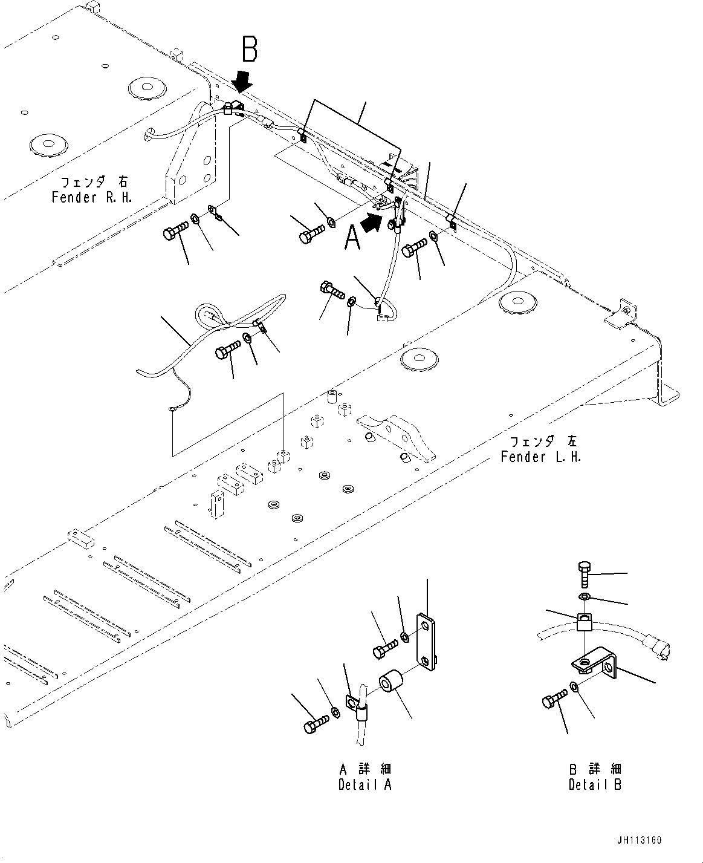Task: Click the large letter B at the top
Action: (x=250, y=49)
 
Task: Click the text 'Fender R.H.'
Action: (x=92, y=198)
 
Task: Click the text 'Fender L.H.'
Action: (x=540, y=457)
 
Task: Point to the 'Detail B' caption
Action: (x=595, y=784)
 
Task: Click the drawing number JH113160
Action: (x=640, y=841)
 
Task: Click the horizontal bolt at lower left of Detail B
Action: (x=552, y=702)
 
